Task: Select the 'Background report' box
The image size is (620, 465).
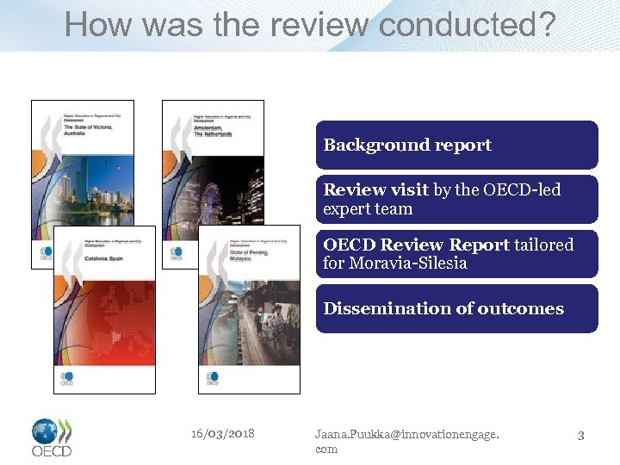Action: click(x=456, y=145)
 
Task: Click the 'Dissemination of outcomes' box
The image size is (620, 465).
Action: click(x=456, y=308)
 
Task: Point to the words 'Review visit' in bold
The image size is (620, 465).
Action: click(x=375, y=189)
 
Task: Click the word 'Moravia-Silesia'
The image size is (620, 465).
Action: click(x=408, y=263)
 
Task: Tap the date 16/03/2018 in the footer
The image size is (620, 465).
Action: click(x=223, y=433)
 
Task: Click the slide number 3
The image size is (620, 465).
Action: click(x=580, y=436)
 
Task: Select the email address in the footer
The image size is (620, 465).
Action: click(x=406, y=441)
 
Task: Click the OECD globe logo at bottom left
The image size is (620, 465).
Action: click(x=52, y=437)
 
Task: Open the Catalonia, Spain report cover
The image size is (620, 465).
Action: click(x=104, y=310)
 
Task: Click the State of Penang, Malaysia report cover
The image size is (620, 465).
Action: click(x=249, y=310)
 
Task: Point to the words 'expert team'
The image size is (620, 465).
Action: click(x=368, y=208)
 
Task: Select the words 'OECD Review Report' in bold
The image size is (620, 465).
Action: click(x=417, y=245)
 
